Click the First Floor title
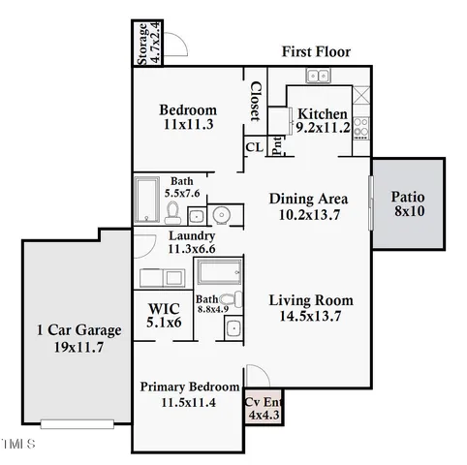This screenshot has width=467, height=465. [316, 51]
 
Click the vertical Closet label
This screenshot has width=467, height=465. [255, 101]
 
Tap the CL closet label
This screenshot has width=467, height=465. [254, 147]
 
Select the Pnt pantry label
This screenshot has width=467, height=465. [276, 145]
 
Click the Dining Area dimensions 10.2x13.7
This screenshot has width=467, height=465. [308, 214]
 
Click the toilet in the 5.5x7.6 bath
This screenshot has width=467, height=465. [173, 211]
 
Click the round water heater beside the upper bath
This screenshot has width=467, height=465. [220, 214]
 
